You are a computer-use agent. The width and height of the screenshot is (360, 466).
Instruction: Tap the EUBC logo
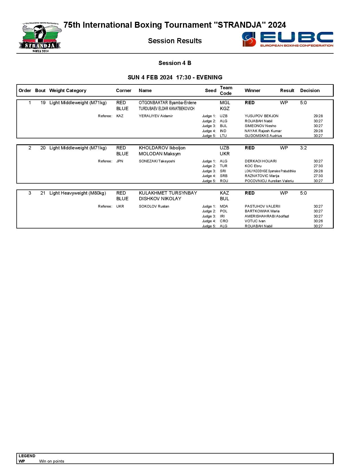[287, 39]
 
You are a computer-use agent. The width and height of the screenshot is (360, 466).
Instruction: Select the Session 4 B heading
[175, 63]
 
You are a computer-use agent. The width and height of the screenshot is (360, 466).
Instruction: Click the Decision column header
[310, 91]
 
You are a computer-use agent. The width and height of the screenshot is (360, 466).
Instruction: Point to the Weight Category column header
[68, 91]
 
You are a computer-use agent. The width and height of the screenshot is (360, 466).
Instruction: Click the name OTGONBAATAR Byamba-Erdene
[167, 103]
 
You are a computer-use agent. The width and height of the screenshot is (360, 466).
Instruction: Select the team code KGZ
[225, 109]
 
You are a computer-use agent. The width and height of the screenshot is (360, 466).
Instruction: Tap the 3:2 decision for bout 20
[303, 148]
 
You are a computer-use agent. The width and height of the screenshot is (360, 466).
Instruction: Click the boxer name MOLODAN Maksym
[160, 154]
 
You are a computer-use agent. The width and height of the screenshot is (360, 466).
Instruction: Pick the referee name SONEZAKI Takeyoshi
[157, 161]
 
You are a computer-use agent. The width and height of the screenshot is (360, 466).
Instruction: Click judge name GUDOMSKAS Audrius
[263, 136]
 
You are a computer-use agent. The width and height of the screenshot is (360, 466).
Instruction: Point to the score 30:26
[318, 221]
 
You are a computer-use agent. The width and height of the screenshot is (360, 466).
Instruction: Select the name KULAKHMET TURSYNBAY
[168, 193]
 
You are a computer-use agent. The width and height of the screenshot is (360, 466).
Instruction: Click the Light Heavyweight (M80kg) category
[78, 193]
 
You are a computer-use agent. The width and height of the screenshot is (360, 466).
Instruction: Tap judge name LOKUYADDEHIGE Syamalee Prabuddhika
[270, 171]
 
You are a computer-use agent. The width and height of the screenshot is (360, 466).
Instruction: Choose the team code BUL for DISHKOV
[224, 199]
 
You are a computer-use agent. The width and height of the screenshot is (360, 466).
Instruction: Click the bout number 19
[43, 103]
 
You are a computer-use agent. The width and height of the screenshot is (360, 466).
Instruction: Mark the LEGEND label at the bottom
[27, 456]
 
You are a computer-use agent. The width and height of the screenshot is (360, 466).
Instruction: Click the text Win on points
[52, 461]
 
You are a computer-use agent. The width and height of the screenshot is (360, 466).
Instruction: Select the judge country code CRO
[224, 221]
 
